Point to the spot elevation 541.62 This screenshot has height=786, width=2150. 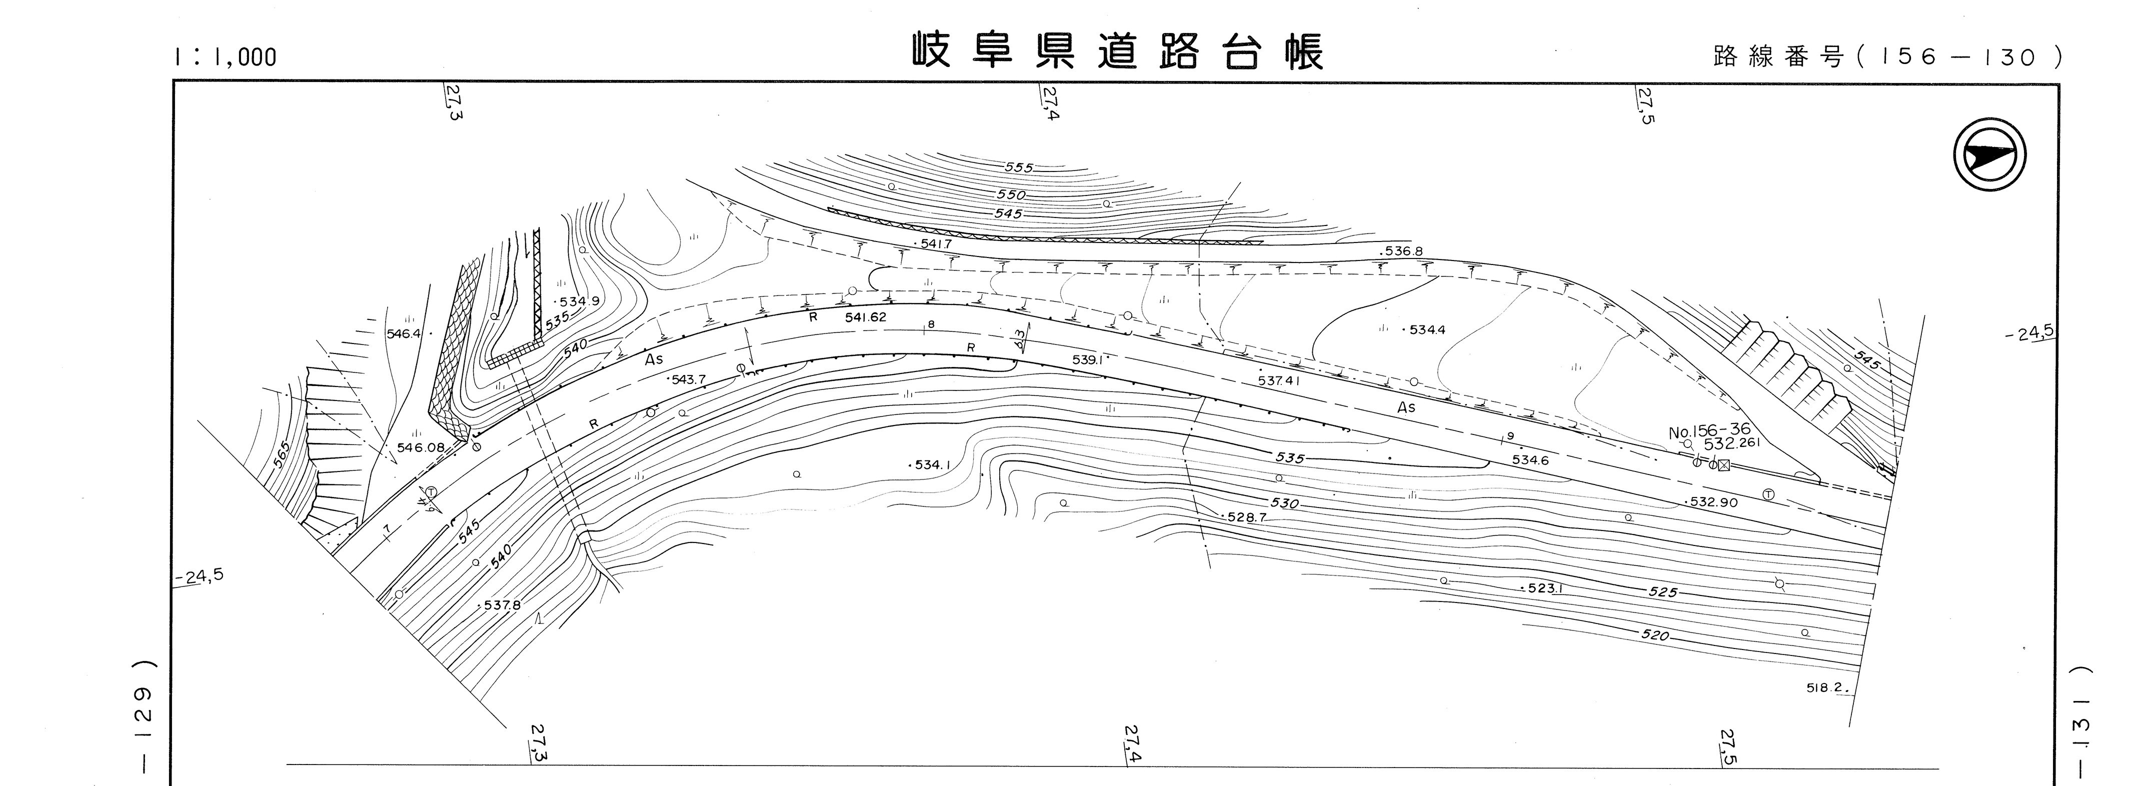pos(865,318)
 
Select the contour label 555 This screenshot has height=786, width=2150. pos(1018,167)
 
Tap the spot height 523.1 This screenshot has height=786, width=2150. pos(1544,588)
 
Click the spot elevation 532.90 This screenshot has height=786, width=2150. pos(1713,502)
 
